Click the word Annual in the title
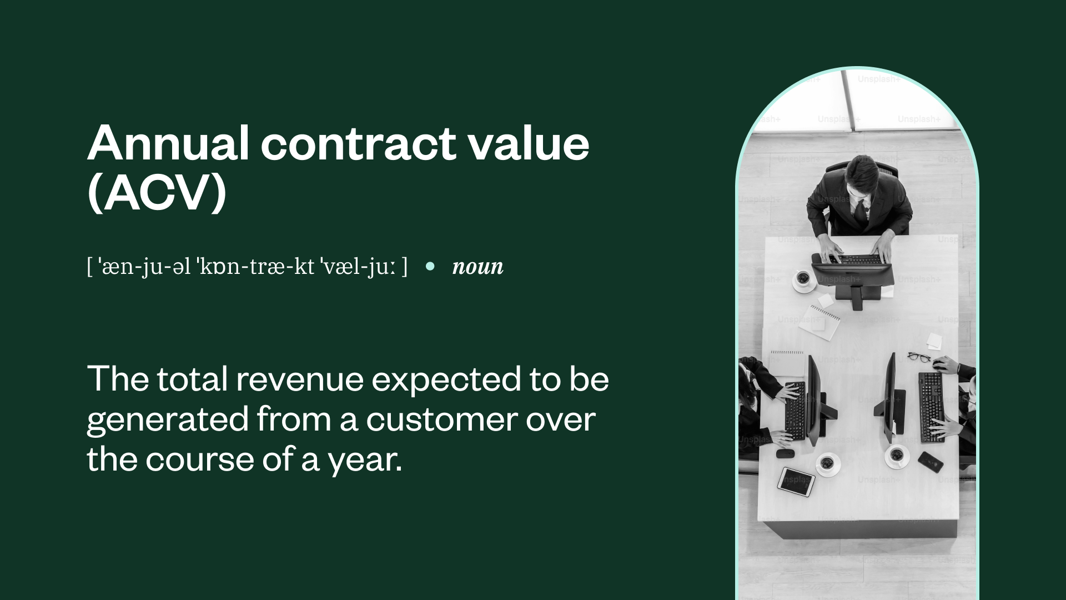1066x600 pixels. [168, 143]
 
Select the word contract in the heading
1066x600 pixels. [358, 143]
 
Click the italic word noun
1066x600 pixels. [478, 267]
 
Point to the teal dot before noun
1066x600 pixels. [430, 266]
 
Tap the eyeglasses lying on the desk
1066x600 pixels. [919, 357]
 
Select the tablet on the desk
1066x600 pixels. [796, 482]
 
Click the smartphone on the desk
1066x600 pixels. [931, 462]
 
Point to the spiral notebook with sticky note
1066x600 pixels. [819, 323]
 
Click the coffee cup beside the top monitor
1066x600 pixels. [803, 279]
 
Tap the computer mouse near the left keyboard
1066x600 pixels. [785, 453]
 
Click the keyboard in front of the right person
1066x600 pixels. [931, 407]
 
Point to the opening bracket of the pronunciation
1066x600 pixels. [89, 267]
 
